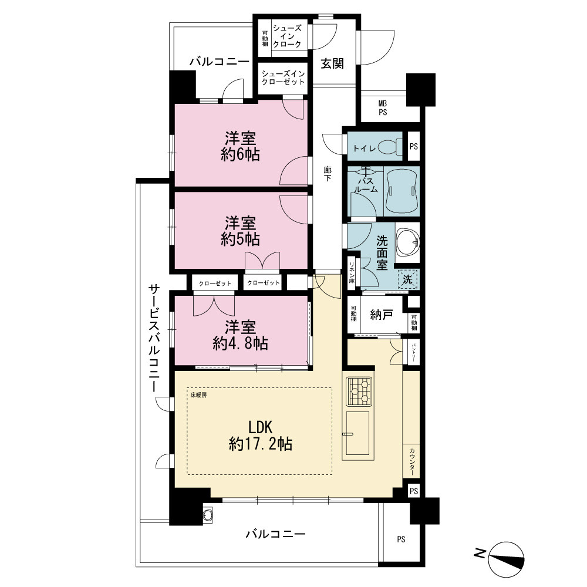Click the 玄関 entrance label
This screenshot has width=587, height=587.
[x=332, y=63]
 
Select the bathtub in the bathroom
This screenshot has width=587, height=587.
[x=402, y=191]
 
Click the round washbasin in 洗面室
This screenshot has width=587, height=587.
[x=407, y=242]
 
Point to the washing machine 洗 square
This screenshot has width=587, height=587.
[x=408, y=279]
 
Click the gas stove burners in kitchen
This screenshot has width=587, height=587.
[x=359, y=391]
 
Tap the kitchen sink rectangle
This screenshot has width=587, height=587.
[x=357, y=433]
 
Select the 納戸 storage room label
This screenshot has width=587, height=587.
[x=382, y=315]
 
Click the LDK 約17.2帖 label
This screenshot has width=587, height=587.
[x=261, y=436]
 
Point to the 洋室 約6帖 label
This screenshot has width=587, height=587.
[x=240, y=146]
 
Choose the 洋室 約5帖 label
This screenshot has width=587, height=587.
[x=240, y=231]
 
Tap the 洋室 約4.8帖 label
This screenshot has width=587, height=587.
[x=240, y=335]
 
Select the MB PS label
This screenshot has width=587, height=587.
[x=383, y=108]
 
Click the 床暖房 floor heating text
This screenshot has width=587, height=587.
[x=198, y=395]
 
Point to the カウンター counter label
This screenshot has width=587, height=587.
[x=412, y=461]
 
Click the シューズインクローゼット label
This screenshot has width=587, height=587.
[x=283, y=77]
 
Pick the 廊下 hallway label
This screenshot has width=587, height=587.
[x=328, y=174]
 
